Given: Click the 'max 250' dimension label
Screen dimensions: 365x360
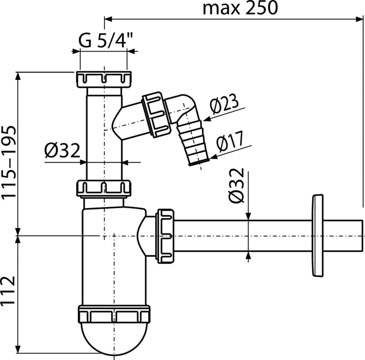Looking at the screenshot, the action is tap(240, 8).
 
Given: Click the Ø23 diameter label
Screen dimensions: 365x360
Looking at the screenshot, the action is tap(224, 103).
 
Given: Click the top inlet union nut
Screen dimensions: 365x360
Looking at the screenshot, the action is tap(104, 79).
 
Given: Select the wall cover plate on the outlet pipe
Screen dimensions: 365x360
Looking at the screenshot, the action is tap(318, 235).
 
